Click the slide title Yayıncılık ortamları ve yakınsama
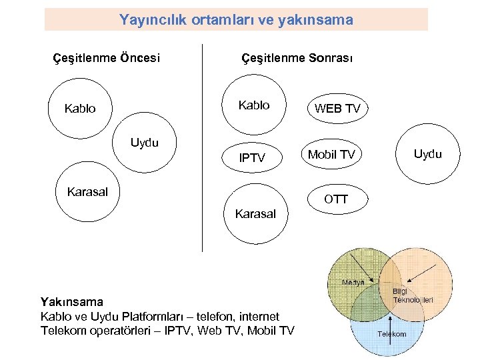236,20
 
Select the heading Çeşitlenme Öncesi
106,58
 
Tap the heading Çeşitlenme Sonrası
297,58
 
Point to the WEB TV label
337,109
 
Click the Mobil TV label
331,155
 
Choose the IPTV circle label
253,158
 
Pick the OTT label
335,199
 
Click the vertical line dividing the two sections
202,147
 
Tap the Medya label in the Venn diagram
353,282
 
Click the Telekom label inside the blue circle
392,334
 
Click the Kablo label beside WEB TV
254,105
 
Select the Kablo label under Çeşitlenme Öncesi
80,108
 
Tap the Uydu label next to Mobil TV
427,154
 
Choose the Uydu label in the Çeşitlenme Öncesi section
145,143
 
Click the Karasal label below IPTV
255,214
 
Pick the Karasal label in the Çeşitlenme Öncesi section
87,192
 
